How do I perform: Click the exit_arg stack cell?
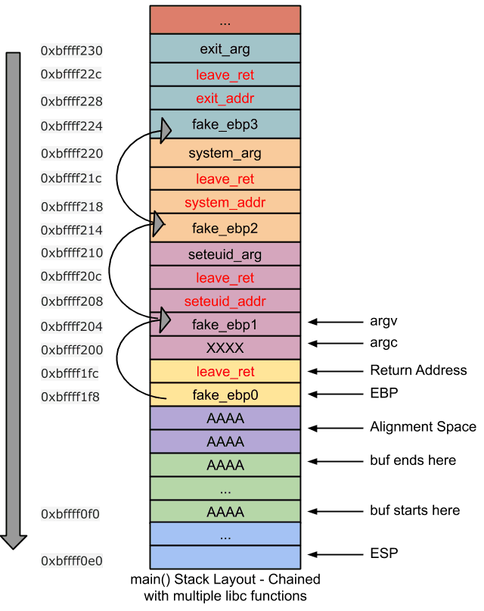[225, 50]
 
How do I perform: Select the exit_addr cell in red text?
[225, 98]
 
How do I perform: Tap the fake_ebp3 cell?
[225, 125]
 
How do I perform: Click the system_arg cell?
[225, 153]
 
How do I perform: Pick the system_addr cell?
[225, 202]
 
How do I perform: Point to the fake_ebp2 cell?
[225, 227]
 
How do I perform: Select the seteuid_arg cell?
[225, 254]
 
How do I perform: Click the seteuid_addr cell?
[225, 301]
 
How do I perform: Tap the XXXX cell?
[225, 348]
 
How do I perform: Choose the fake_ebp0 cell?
[225, 394]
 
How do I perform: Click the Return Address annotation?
[417, 370]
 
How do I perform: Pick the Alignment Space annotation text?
[423, 427]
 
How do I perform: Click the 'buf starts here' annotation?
[414, 510]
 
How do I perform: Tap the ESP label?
[384, 553]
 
